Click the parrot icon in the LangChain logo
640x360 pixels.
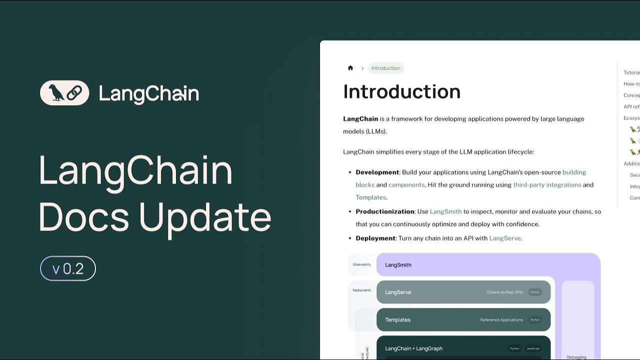click(x=56, y=93)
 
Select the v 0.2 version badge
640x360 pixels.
click(x=68, y=269)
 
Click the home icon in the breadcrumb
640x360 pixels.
click(x=350, y=68)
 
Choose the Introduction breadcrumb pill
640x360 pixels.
click(x=385, y=68)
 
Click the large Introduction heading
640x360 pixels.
click(x=401, y=91)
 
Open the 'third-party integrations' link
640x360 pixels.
click(x=547, y=184)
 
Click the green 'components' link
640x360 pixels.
click(x=406, y=184)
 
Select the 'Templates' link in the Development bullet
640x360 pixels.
click(x=370, y=197)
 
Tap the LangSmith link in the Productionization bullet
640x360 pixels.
click(x=445, y=211)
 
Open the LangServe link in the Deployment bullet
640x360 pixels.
click(x=504, y=238)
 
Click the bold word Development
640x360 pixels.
click(x=377, y=172)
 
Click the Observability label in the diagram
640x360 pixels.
click(x=361, y=264)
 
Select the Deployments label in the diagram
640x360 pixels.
click(x=361, y=290)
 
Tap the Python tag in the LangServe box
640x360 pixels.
click(x=534, y=292)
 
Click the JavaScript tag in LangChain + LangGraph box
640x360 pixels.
click(x=533, y=348)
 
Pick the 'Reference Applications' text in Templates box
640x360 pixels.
click(x=501, y=320)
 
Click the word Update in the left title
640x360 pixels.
click(x=205, y=217)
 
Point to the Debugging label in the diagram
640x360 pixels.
click(x=576, y=357)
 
